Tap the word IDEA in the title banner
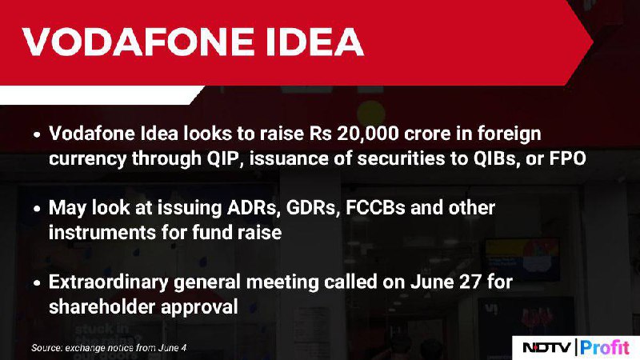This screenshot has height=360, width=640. tap(314, 42)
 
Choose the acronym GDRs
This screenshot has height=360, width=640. tap(313, 208)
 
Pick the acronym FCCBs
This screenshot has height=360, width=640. tap(375, 208)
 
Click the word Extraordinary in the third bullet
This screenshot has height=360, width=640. tap(108, 282)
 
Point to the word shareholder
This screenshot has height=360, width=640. tap(102, 306)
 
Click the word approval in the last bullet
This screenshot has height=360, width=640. tap(199, 307)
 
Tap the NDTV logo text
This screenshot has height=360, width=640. tap(547, 347)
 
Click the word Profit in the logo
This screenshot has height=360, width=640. tap(605, 347)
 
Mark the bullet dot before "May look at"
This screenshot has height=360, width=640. tap(37, 209)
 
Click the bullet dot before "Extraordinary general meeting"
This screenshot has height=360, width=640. tap(37, 283)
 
